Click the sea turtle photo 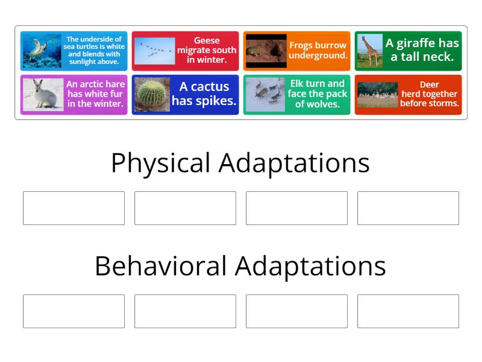(42, 51)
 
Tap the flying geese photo (154, 51)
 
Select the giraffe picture (369, 51)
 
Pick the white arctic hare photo (43, 95)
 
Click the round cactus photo (151, 95)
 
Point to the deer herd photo (378, 95)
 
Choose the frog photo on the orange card (266, 51)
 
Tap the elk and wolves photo (266, 95)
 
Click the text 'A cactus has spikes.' (204, 94)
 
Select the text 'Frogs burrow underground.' (318, 51)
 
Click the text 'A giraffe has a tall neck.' (422, 51)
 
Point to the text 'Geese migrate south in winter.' (207, 51)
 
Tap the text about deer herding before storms (429, 94)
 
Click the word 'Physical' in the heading (161, 164)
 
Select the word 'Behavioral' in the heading (161, 266)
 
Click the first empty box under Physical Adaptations (74, 208)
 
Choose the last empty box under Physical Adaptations (408, 208)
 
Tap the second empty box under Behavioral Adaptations (185, 311)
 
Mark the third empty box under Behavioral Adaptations (296, 311)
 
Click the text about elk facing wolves (317, 94)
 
